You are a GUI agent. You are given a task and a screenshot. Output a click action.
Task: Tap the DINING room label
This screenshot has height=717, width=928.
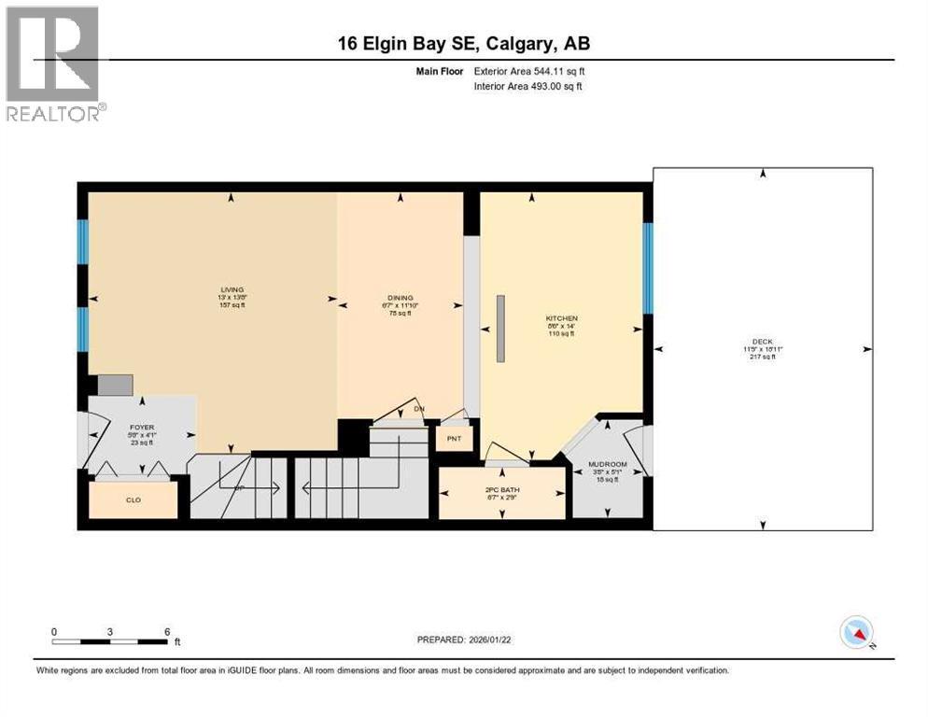[x=400, y=297]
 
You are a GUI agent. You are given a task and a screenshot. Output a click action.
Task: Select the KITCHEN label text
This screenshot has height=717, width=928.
[x=561, y=318]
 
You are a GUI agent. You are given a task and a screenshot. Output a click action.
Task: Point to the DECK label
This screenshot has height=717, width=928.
[x=763, y=341]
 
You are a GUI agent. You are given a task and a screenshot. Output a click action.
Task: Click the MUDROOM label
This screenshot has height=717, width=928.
[x=607, y=464]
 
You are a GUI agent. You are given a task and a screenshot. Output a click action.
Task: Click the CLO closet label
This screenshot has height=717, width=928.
[x=134, y=500]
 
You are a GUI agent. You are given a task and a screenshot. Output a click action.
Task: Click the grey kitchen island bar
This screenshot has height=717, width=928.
[x=500, y=328]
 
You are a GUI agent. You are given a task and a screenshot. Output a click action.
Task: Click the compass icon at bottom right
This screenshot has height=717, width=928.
[x=855, y=633]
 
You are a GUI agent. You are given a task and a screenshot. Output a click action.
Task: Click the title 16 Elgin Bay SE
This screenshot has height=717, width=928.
[x=464, y=43]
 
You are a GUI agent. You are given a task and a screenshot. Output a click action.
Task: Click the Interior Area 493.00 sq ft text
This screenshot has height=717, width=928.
[x=530, y=87]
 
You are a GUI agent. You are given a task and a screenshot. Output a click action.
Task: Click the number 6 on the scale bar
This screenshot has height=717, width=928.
[x=167, y=632]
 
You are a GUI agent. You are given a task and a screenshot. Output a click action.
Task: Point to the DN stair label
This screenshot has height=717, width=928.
[x=419, y=409]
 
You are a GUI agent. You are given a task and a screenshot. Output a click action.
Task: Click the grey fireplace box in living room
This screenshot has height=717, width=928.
[x=115, y=385]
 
